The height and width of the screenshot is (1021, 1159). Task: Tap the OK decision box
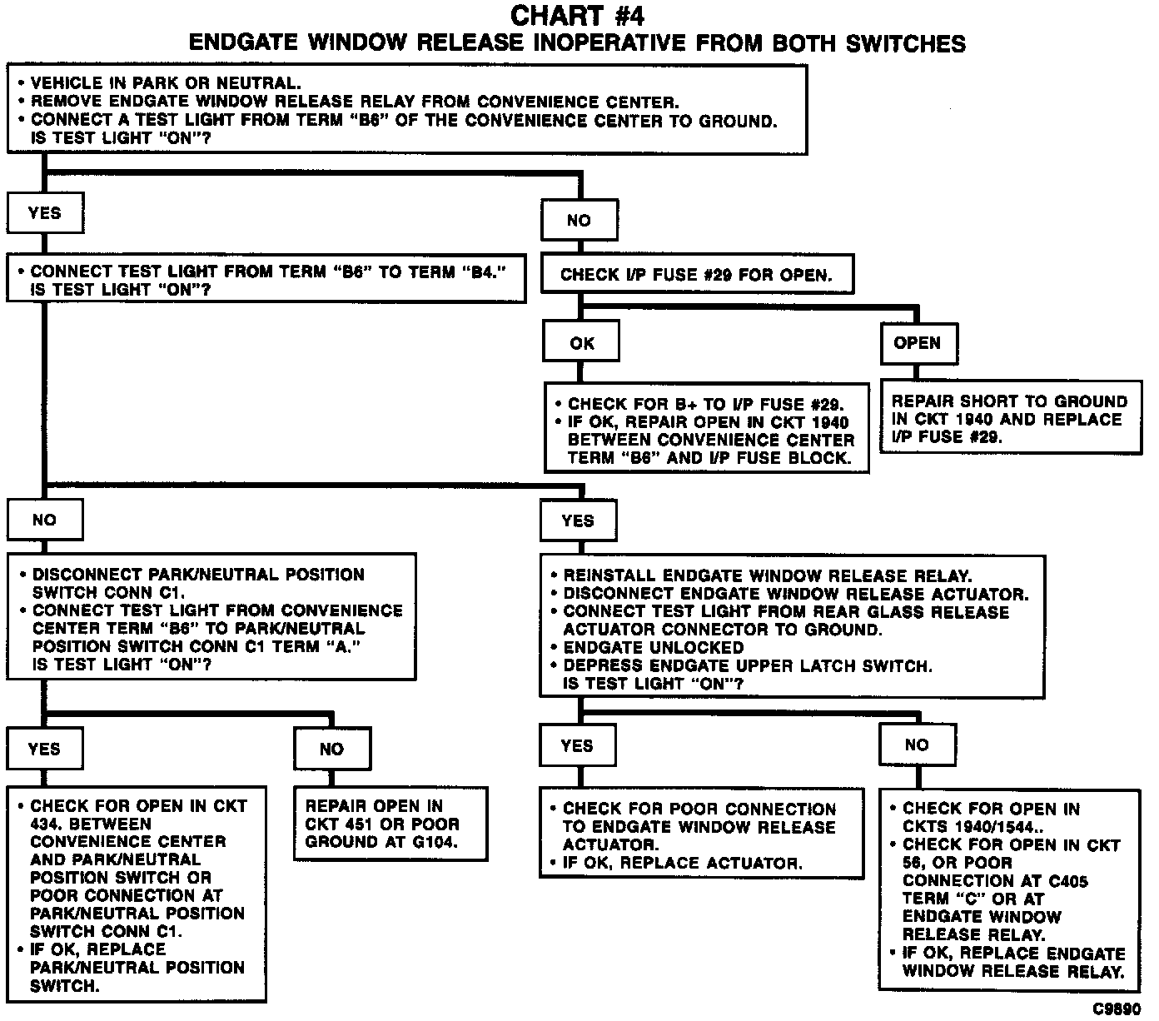click(x=581, y=343)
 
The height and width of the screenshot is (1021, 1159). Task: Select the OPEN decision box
click(x=918, y=343)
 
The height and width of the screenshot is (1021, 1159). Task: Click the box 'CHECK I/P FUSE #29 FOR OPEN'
click(x=696, y=275)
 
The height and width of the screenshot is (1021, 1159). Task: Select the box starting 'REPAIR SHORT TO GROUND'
click(x=1010, y=419)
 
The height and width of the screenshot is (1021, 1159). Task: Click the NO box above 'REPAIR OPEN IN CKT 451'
click(x=331, y=749)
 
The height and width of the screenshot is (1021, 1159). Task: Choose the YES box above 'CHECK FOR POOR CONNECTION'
click(x=577, y=745)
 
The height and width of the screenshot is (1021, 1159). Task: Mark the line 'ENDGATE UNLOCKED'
click(x=653, y=648)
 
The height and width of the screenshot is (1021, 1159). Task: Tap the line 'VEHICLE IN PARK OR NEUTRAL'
click(x=165, y=83)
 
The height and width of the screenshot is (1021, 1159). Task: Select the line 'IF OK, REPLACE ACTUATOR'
click(x=682, y=863)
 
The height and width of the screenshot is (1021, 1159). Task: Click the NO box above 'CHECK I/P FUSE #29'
click(x=579, y=220)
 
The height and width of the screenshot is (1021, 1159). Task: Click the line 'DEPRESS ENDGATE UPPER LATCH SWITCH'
click(x=747, y=666)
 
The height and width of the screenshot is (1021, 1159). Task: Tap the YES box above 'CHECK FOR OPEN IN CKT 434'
click(x=44, y=748)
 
